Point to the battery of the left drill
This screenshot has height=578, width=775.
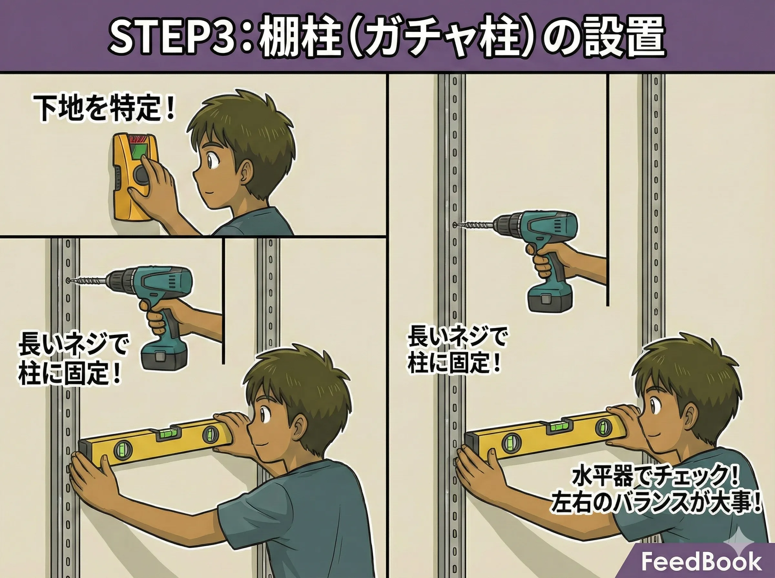click(165, 356)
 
